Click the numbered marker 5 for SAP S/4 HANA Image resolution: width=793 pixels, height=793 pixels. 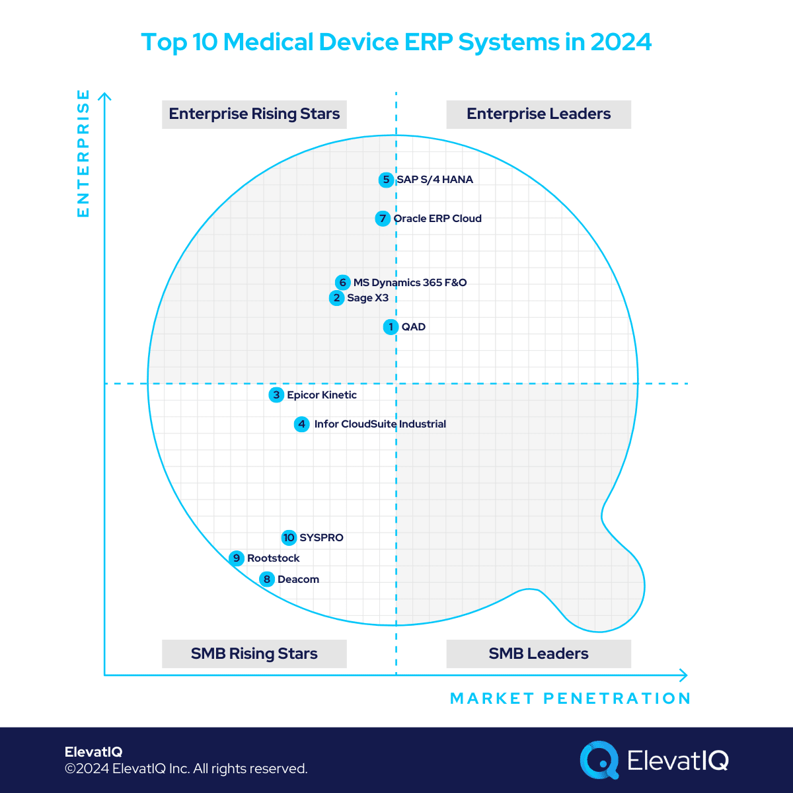click(386, 180)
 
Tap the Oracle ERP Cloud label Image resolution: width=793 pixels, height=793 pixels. click(437, 219)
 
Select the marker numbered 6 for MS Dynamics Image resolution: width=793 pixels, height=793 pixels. click(342, 283)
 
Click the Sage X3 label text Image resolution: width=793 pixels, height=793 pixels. click(367, 298)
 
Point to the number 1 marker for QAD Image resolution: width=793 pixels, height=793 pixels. click(391, 327)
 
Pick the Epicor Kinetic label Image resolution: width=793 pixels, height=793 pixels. click(322, 395)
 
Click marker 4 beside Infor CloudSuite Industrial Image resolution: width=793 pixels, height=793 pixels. click(301, 424)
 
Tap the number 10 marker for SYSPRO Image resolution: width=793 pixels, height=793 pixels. click(289, 538)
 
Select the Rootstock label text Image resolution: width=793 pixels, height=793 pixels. click(273, 558)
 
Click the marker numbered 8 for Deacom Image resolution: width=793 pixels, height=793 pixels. click(266, 580)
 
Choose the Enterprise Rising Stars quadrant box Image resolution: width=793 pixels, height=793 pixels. click(254, 114)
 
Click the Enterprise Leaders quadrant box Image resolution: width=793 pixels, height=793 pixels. click(539, 114)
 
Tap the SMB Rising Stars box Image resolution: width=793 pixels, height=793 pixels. click(254, 654)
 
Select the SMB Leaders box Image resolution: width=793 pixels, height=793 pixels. click(539, 654)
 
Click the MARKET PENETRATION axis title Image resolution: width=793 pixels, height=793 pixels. click(570, 699)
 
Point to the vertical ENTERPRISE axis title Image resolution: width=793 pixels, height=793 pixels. click(83, 153)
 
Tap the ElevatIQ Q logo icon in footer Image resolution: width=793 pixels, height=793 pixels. click(599, 760)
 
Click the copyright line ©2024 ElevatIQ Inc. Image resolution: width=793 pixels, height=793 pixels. click(186, 769)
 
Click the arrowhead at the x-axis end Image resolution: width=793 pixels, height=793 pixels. click(684, 675)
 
